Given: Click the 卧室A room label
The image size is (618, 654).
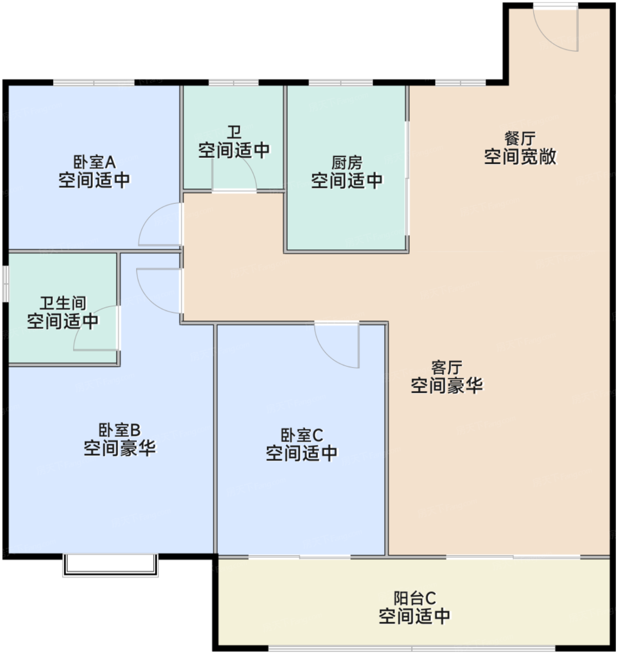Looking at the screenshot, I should tap(94, 163).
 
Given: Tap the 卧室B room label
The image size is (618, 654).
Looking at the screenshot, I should tap(119, 430).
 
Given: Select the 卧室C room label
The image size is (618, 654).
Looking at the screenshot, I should tap(302, 435).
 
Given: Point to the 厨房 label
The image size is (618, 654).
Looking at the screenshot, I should tap(347, 163).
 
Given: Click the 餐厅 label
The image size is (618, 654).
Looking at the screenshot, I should tap(520, 138).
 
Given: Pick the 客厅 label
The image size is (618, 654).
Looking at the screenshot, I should tap(447, 368).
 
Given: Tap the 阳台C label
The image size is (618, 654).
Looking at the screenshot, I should tap(414, 598).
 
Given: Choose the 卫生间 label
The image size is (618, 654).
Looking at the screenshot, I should tap(63, 303).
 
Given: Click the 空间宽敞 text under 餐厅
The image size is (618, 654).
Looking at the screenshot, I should tap(520, 157).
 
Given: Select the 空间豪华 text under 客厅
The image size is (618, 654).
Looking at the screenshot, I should tap(447, 386).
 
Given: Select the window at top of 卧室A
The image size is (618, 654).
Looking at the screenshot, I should tap(94, 83).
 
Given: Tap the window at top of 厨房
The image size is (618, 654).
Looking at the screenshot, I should tap(341, 83).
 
